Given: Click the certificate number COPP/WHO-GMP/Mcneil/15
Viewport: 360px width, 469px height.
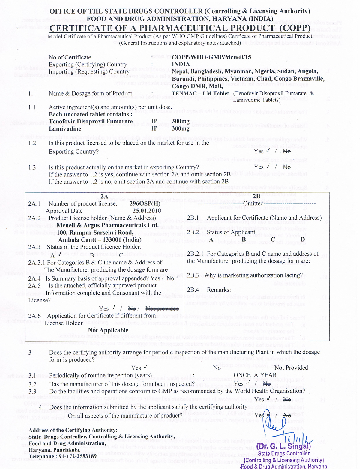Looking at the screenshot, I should tap(211, 57).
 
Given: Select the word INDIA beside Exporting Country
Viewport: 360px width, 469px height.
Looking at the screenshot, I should tap(181, 64).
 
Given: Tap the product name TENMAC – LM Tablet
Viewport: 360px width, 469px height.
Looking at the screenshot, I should tap(200, 93).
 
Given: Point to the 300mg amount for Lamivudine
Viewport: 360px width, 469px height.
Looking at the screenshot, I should tap(181, 129).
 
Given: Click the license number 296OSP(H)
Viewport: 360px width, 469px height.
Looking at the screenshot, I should tap(145, 203).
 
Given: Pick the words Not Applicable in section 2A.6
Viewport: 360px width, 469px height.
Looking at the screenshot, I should tap(108, 330).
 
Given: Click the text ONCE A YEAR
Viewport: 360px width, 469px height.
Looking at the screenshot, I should tap(255, 375).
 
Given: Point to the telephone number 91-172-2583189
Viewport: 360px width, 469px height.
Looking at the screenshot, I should tap(74, 456).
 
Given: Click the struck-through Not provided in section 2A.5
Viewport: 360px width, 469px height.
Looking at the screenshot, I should tap(162, 308).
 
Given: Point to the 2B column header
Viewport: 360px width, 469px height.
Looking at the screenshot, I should tap(257, 196).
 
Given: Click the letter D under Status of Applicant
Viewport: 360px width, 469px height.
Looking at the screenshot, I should tap(303, 239).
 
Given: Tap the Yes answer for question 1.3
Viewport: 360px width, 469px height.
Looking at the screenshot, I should tap(259, 167).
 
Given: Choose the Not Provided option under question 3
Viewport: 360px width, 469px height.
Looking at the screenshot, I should tap(291, 368).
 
